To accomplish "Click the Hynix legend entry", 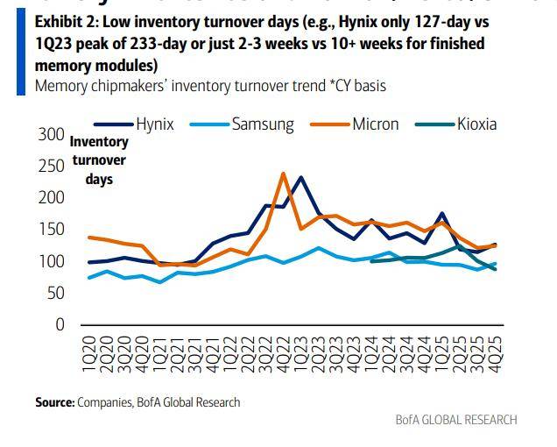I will pos(154,124).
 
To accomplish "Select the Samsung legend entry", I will pos(262,124).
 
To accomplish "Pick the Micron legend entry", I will pos(375,124).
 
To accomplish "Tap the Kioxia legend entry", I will pos(476,124).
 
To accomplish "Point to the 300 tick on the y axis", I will pos(51,135).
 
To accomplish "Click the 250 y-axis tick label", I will pos(51,167).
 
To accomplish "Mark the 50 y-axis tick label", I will pos(55,293).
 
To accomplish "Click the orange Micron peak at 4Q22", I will pos(283,174).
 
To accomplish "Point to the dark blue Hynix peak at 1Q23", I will pos(300,177).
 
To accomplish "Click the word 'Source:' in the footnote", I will pos(54,402).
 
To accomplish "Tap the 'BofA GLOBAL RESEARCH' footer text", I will pos(456,420).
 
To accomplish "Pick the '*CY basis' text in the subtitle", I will pos(351,85).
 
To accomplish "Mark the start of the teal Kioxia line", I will pos(371,261).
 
